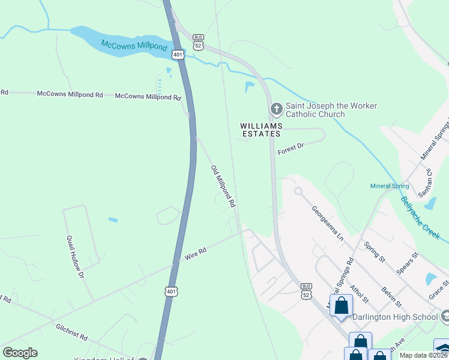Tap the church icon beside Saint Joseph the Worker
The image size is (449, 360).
coord(276,109)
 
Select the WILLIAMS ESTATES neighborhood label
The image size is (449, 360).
coord(261,130)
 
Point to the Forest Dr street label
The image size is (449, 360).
coord(291,149)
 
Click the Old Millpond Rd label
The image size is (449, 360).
coord(223,187)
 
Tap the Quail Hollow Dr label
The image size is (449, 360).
coord(76,257)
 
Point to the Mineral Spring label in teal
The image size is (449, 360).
coord(390,186)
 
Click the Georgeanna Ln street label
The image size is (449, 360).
coord(327,224)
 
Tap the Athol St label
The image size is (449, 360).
coord(357,278)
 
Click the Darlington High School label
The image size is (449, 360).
coord(396,317)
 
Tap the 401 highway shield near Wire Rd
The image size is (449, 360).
coord(172,292)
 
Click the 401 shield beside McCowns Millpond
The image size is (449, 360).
coord(177,55)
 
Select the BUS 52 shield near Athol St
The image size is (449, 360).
coord(307,290)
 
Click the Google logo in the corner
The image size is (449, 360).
coord(20,353)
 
